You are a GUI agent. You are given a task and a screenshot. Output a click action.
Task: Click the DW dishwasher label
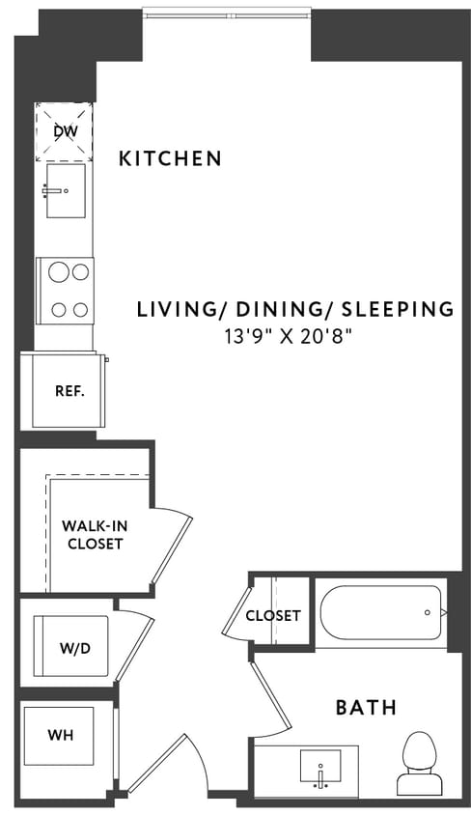point(65,129)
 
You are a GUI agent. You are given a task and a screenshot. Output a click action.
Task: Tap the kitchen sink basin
point(65,184)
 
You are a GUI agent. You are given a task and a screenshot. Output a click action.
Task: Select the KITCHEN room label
point(170,158)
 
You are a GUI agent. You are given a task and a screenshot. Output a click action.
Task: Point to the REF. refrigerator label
point(69,392)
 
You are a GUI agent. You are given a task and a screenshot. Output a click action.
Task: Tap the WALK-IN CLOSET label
point(93,535)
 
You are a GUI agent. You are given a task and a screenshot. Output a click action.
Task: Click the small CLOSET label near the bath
point(272,615)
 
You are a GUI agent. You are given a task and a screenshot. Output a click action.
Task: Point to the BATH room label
point(366,708)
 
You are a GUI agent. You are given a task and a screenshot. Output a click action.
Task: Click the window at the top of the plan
point(227,14)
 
